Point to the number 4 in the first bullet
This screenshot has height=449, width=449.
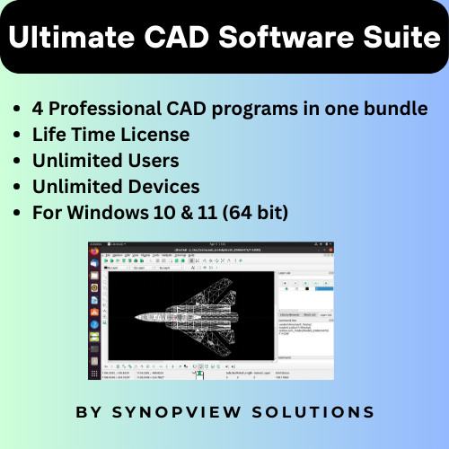(38, 109)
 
